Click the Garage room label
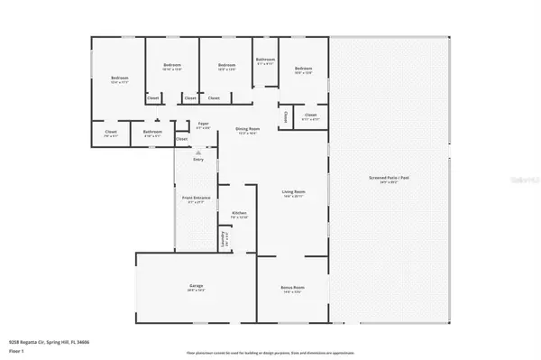[196, 289]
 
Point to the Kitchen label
[239, 214]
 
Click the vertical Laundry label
[223, 239]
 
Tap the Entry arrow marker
[198, 153]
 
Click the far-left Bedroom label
[120, 78]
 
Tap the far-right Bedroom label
[302, 69]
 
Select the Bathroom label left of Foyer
[152, 133]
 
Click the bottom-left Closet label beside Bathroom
[111, 133]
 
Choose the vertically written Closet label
[285, 116]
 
